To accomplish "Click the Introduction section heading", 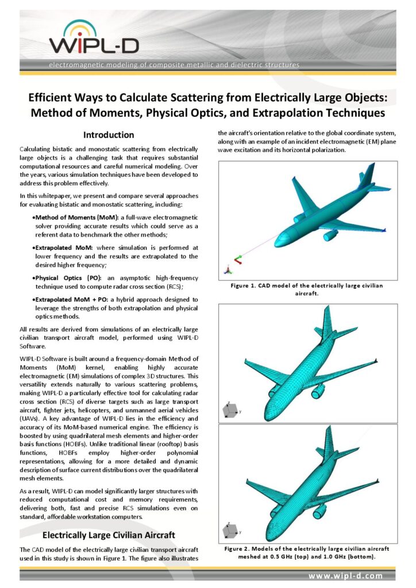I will pos(109,135).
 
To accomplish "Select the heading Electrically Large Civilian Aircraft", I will pos(108,535).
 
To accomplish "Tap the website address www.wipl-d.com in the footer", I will pos(345,575).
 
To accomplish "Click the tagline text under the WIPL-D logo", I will pos(174,65).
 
